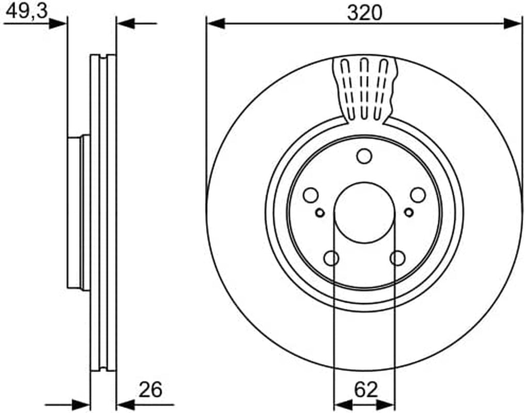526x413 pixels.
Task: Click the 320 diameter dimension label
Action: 364,13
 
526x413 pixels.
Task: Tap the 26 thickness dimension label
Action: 150,390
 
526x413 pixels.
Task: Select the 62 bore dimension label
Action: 366,390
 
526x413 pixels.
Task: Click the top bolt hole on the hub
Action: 364,156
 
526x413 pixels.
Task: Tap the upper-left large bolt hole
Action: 311,195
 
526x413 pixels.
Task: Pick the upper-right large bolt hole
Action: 418,195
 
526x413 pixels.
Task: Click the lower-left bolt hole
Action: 331,258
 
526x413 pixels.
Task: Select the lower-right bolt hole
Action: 397,258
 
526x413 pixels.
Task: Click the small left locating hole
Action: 320,212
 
